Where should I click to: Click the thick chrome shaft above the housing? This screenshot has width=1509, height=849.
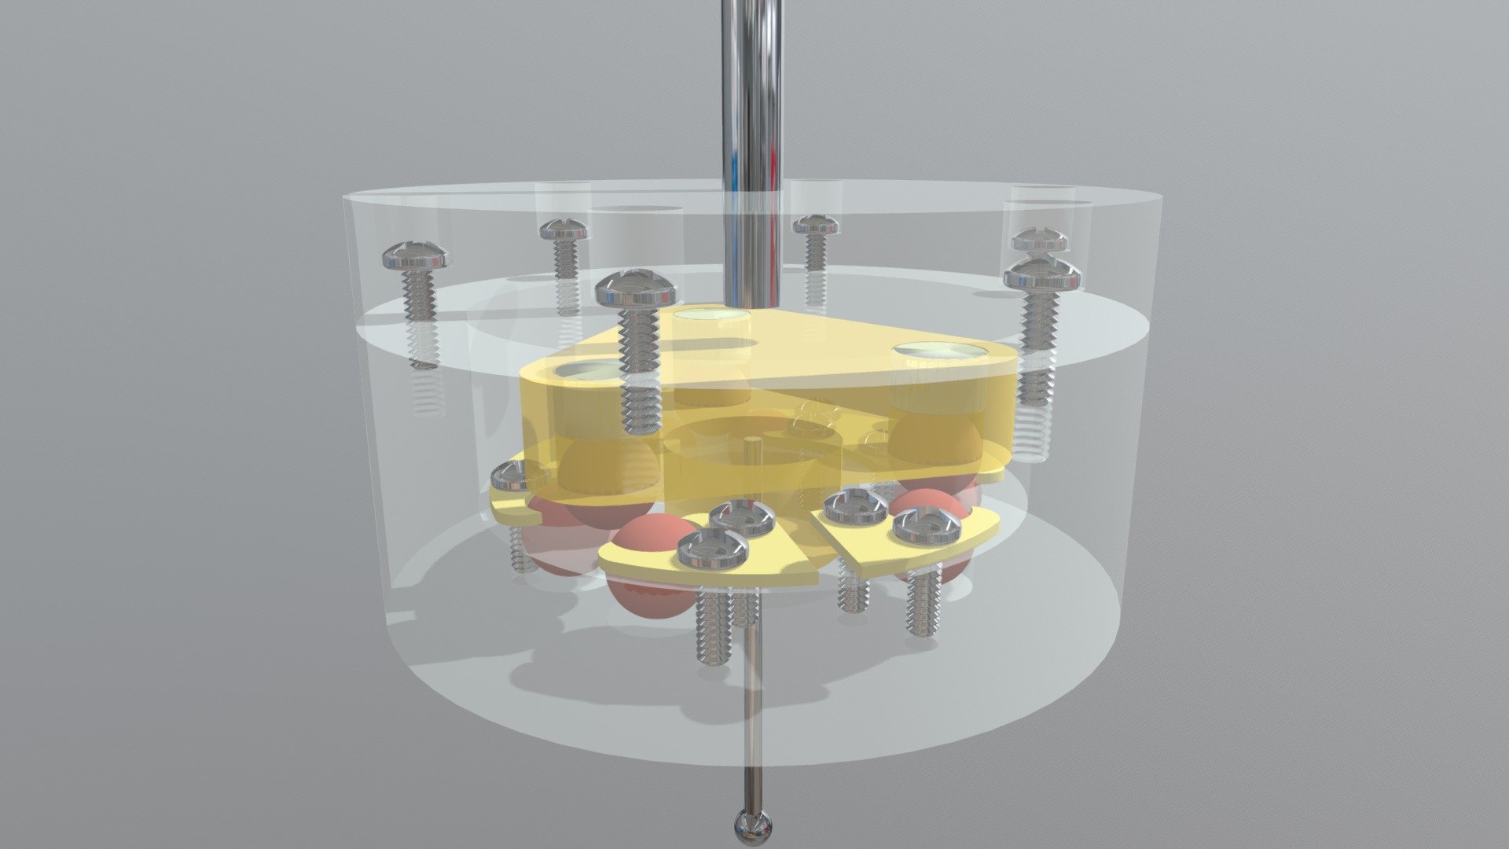pyautogui.click(x=753, y=118)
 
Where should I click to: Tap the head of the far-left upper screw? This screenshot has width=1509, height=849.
pyautogui.click(x=416, y=255)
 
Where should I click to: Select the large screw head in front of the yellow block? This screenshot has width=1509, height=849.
pyautogui.click(x=636, y=289)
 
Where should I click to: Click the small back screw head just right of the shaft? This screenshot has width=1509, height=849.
pyautogui.click(x=816, y=226)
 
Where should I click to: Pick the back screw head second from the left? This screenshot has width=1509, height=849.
pyautogui.click(x=564, y=230)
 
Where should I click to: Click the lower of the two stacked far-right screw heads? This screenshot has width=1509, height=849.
pyautogui.click(x=1043, y=274)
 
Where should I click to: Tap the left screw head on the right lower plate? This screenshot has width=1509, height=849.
pyautogui.click(x=855, y=505)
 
